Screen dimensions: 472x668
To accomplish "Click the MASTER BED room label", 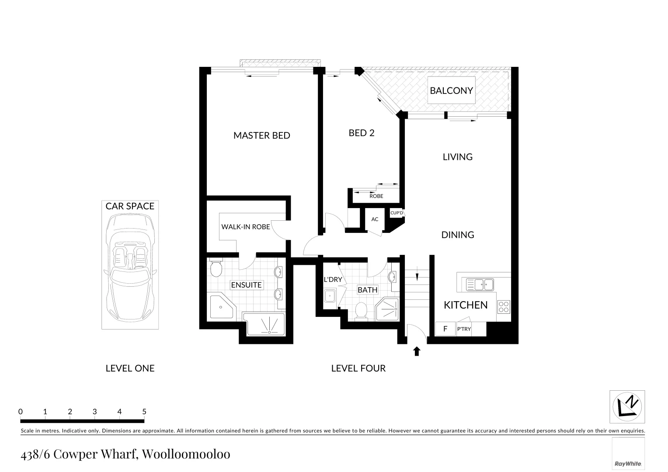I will click(261, 135).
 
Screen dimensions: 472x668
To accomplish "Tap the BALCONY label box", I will click(451, 90).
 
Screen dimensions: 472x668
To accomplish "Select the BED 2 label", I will click(361, 133).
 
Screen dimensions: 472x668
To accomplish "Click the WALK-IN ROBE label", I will click(245, 227).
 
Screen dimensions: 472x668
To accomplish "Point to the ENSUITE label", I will click(246, 285).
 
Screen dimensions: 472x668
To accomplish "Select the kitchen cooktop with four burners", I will click(504, 306).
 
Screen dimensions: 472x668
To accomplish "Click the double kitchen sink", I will click(480, 285).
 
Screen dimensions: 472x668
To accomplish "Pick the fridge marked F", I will click(445, 329).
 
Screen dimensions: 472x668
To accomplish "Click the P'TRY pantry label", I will click(464, 329).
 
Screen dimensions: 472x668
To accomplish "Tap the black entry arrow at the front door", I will click(417, 351).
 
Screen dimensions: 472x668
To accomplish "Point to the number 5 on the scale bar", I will click(144, 412).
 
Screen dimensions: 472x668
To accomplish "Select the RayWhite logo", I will click(628, 463).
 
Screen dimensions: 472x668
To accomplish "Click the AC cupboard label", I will click(375, 219).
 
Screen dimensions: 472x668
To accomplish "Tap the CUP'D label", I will click(397, 213).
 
